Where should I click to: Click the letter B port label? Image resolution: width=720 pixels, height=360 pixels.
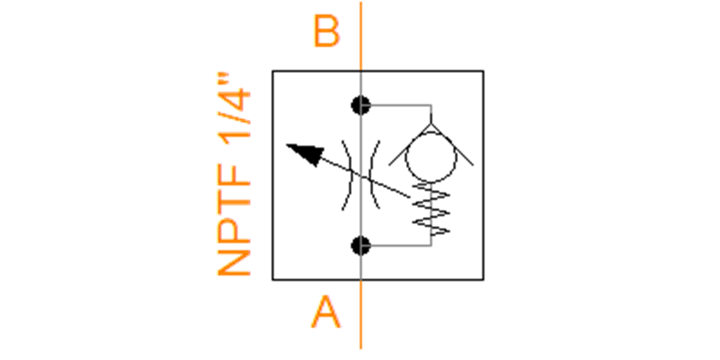(x=326, y=31)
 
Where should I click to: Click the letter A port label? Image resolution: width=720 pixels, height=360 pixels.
(x=326, y=312)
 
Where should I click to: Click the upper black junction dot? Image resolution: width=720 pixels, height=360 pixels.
(x=361, y=106)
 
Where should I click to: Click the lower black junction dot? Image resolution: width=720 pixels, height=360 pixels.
(x=361, y=246)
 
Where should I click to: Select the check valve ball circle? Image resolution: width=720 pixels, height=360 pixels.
(x=431, y=157)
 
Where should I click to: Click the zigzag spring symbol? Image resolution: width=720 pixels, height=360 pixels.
(x=431, y=209)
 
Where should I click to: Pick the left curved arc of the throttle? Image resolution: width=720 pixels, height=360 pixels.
(x=347, y=175)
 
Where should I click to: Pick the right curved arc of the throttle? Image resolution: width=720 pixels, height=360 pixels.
(x=375, y=175)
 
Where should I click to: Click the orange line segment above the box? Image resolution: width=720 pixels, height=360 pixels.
(x=361, y=36)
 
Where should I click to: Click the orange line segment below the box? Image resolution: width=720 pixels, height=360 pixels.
(x=361, y=314)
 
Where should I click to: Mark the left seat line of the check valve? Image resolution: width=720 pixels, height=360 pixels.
(x=410, y=145)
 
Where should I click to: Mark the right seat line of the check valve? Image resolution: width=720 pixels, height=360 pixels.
(x=452, y=145)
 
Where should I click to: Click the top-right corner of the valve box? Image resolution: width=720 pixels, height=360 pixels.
(x=484, y=71)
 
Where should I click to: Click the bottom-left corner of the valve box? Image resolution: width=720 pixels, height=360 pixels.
(x=273, y=280)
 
